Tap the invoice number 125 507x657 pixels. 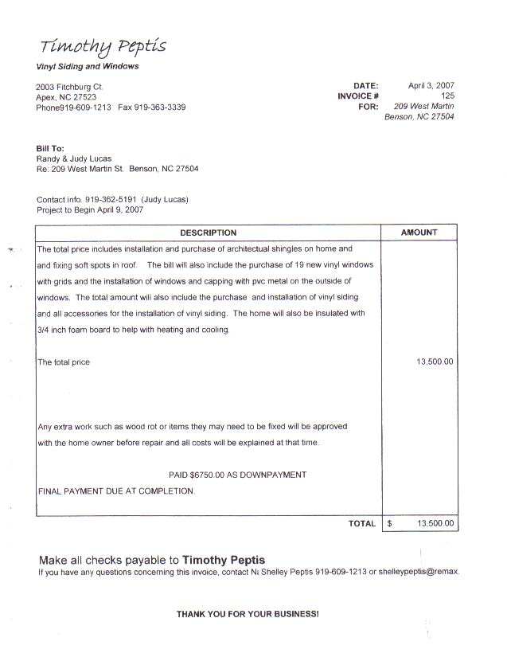[447, 96]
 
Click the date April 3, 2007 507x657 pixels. [431, 85]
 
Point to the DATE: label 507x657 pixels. [366, 85]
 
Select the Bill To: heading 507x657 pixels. [50, 148]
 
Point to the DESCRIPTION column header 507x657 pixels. [208, 233]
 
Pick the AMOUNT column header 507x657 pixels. [419, 233]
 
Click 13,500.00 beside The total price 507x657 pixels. [435, 362]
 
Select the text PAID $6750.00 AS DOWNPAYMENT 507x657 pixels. [238, 475]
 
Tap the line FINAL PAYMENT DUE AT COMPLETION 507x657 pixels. [116, 491]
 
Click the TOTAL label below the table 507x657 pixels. [361, 524]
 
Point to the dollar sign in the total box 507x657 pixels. [390, 524]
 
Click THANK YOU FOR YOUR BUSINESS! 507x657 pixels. [248, 614]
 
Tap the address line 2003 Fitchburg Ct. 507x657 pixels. [69, 86]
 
